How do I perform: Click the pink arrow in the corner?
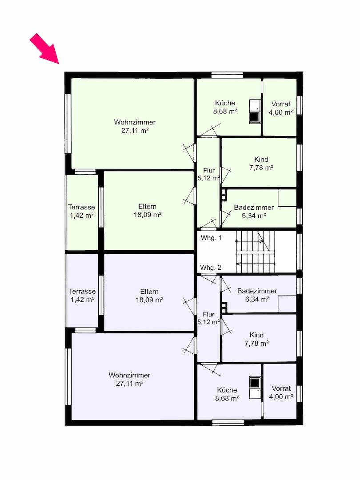click(45, 49)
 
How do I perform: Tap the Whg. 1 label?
click(211, 238)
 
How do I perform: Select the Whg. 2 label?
click(211, 268)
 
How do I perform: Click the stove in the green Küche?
click(254, 116)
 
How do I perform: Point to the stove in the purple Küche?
click(254, 383)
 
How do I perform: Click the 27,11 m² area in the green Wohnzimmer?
click(135, 131)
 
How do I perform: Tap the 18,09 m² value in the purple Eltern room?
click(149, 300)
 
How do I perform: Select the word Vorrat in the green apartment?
click(281, 104)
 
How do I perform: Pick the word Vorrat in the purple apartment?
click(281, 388)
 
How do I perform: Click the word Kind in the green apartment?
click(261, 160)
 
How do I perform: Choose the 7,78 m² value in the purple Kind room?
click(256, 344)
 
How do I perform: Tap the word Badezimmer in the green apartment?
click(254, 208)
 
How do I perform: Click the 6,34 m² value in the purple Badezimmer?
click(257, 300)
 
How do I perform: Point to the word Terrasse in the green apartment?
click(81, 207)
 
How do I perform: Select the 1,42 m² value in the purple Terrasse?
click(82, 300)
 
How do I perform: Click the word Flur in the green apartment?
click(209, 171)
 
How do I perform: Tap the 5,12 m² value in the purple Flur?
click(208, 322)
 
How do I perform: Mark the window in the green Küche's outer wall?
click(227, 75)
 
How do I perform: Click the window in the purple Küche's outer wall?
click(228, 423)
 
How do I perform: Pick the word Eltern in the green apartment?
click(148, 207)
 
